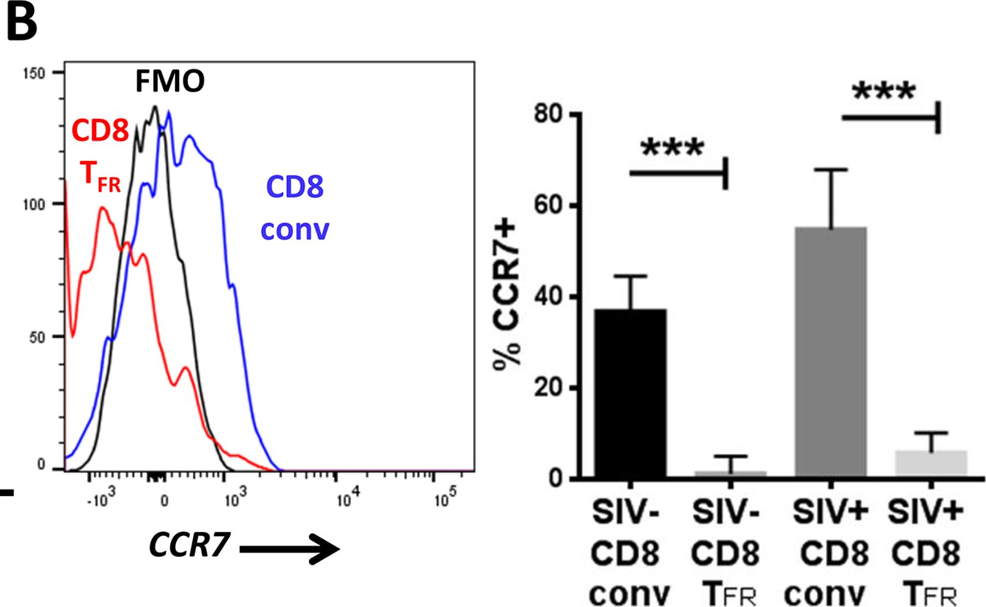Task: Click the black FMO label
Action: click(170, 81)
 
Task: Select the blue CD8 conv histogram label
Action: click(295, 207)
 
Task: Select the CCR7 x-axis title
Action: click(190, 545)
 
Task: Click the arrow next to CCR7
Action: click(290, 549)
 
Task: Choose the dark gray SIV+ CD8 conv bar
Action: click(830, 352)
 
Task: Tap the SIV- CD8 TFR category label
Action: click(726, 553)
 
